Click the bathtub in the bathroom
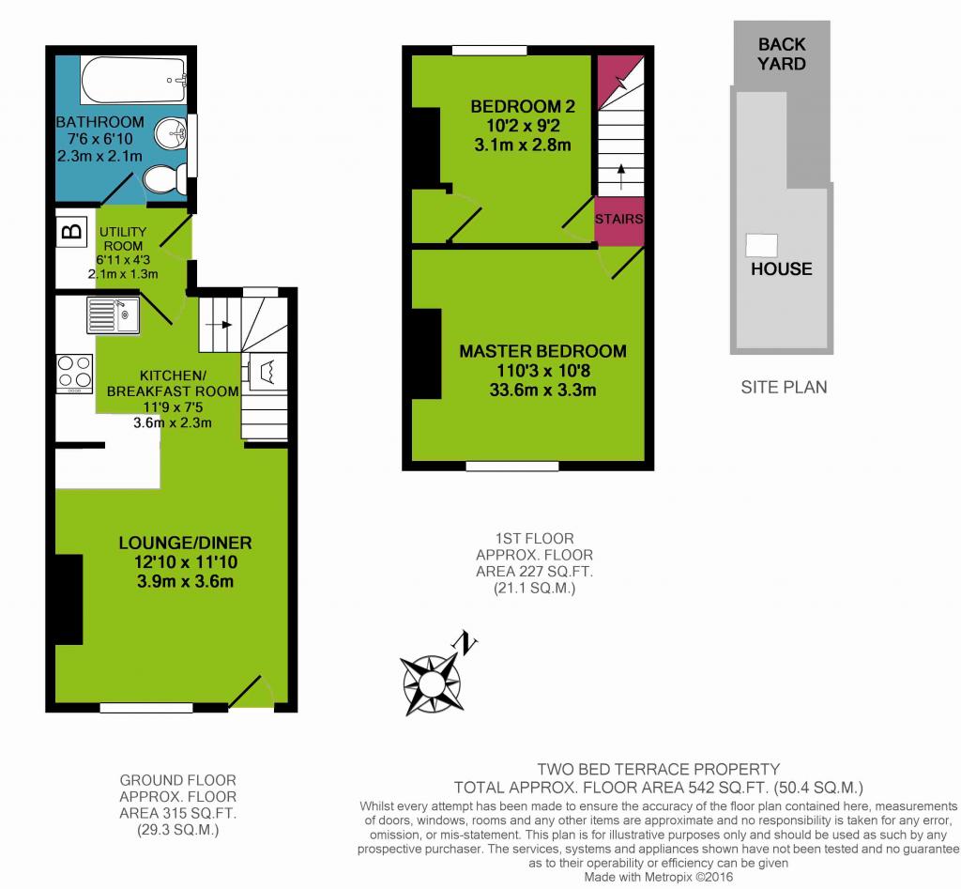[x=133, y=80]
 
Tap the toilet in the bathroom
[x=165, y=179]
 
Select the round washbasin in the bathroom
[x=171, y=133]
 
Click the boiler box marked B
[x=72, y=232]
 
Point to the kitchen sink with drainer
[x=113, y=315]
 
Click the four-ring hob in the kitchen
[x=74, y=374]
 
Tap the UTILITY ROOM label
[x=123, y=238]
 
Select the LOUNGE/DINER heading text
[x=185, y=543]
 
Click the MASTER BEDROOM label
[x=543, y=351]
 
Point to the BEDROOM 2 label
[x=523, y=106]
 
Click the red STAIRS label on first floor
[x=619, y=219]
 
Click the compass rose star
[x=431, y=682]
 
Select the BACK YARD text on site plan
[x=782, y=54]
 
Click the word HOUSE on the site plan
[x=782, y=268]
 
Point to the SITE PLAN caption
[x=784, y=387]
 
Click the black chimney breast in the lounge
[x=69, y=600]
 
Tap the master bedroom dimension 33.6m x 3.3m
[x=543, y=390]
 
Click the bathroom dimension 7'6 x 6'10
[x=99, y=139]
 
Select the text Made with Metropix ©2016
[x=658, y=878]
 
